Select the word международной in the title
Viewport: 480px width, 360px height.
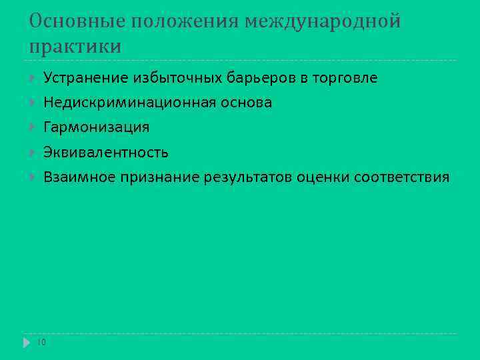(x=323, y=22)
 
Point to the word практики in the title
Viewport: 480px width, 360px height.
(x=75, y=47)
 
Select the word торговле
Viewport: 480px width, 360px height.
(x=345, y=79)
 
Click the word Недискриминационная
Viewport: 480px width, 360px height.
(x=129, y=103)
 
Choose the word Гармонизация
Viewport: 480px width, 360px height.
(x=97, y=127)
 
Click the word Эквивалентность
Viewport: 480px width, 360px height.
(x=106, y=153)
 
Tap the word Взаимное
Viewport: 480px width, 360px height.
(x=79, y=177)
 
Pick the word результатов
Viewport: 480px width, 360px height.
(x=251, y=177)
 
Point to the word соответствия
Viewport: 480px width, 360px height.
(x=402, y=177)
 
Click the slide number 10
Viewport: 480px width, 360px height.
(x=41, y=342)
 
